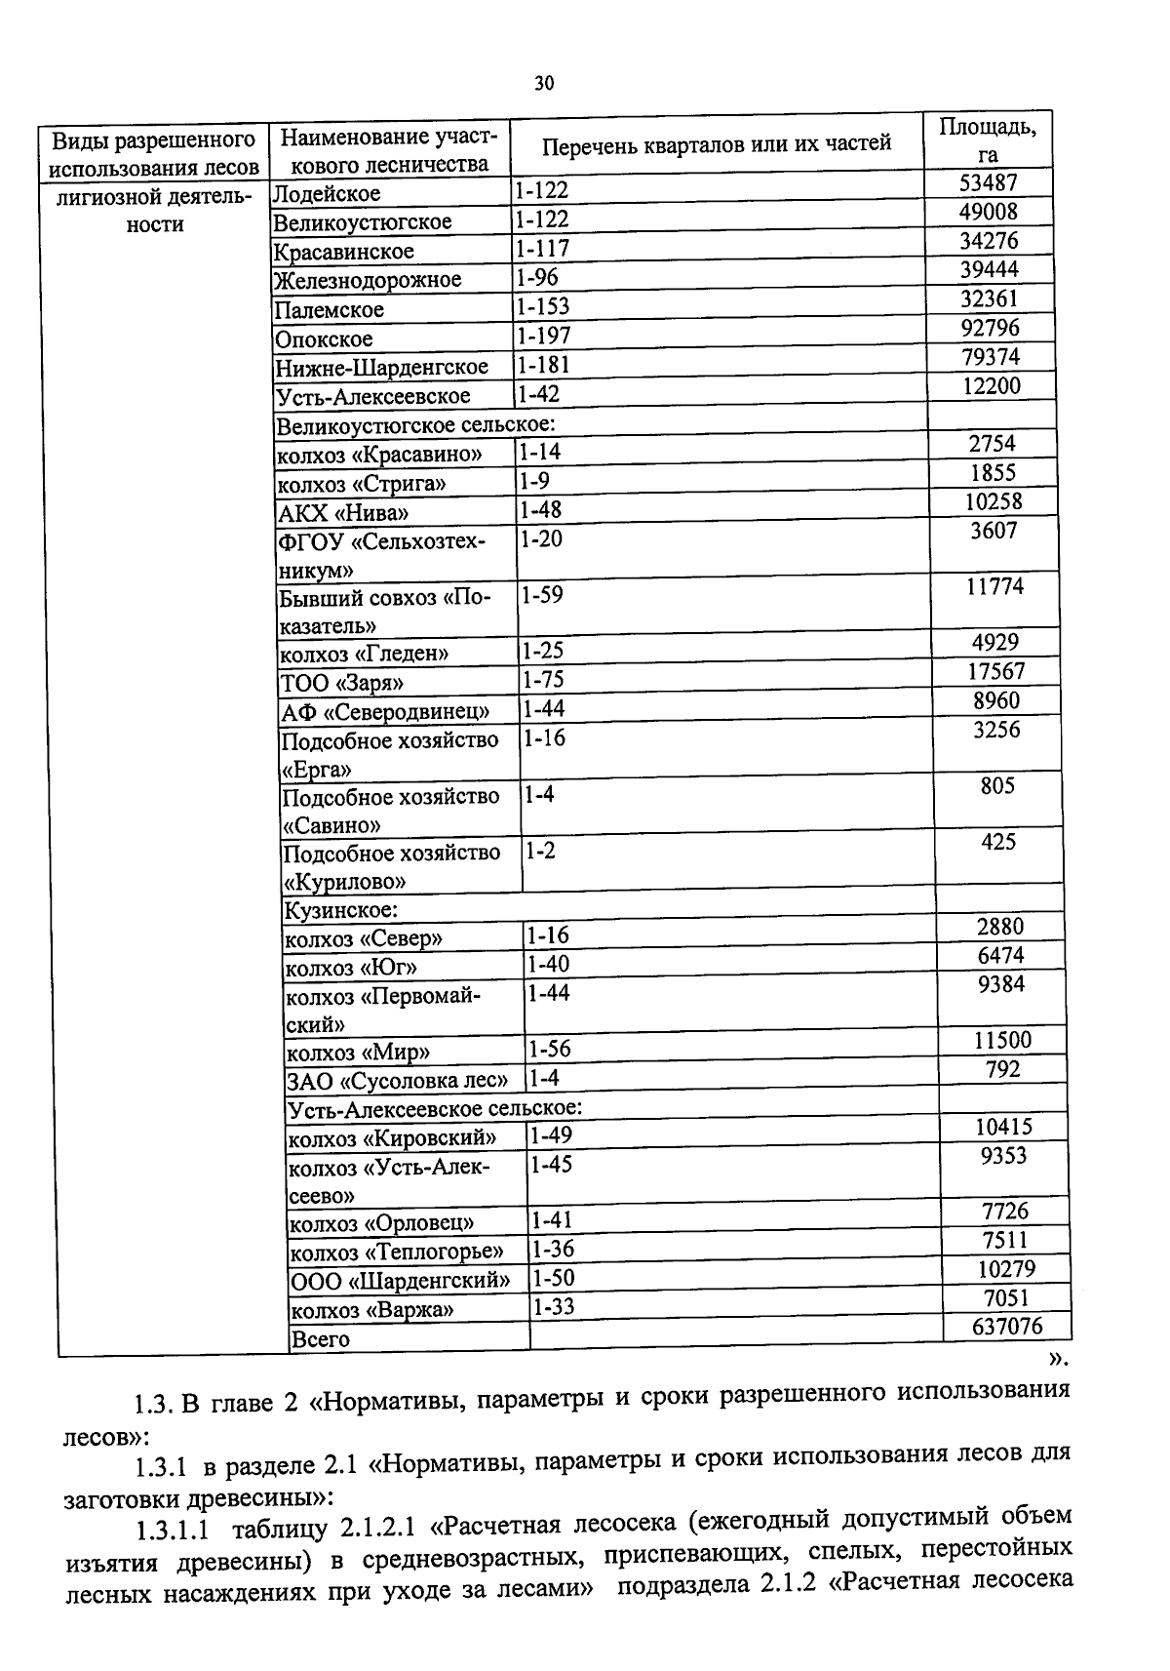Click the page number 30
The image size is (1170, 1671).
click(x=544, y=83)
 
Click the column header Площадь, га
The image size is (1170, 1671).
click(x=987, y=139)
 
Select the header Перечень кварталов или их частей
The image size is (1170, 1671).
click(x=716, y=144)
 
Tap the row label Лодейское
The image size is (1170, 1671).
click(x=327, y=193)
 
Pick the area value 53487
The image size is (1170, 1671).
click(x=988, y=182)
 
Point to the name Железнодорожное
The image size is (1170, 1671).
click(x=367, y=280)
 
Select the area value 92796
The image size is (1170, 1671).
click(x=990, y=328)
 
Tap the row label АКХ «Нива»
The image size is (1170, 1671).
click(x=343, y=513)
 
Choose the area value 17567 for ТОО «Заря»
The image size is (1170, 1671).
click(x=995, y=671)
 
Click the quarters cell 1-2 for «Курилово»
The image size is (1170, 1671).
click(x=540, y=851)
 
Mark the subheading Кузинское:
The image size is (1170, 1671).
click(x=340, y=910)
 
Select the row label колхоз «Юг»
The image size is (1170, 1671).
click(x=350, y=968)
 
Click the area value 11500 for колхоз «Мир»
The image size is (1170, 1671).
click(x=1001, y=1040)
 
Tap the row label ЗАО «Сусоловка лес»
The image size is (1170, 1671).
click(x=397, y=1081)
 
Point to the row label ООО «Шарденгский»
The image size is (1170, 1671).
click(x=400, y=1280)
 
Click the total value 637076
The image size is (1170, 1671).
click(x=1007, y=1326)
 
